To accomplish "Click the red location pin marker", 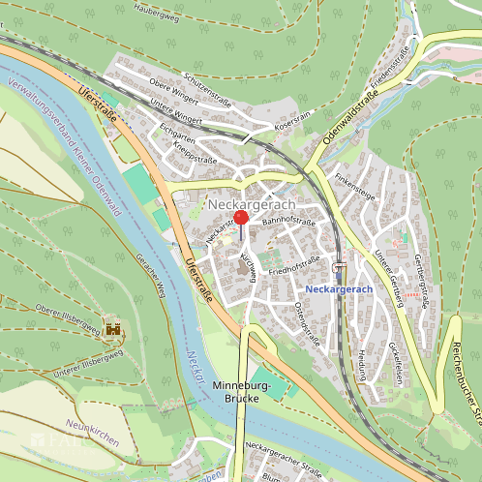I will [241, 218].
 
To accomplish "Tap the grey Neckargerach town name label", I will [252, 205].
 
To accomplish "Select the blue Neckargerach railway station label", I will [338, 289].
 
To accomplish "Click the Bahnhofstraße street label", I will [289, 223].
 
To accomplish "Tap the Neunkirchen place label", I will [92, 433].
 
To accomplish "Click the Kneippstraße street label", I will [194, 153].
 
